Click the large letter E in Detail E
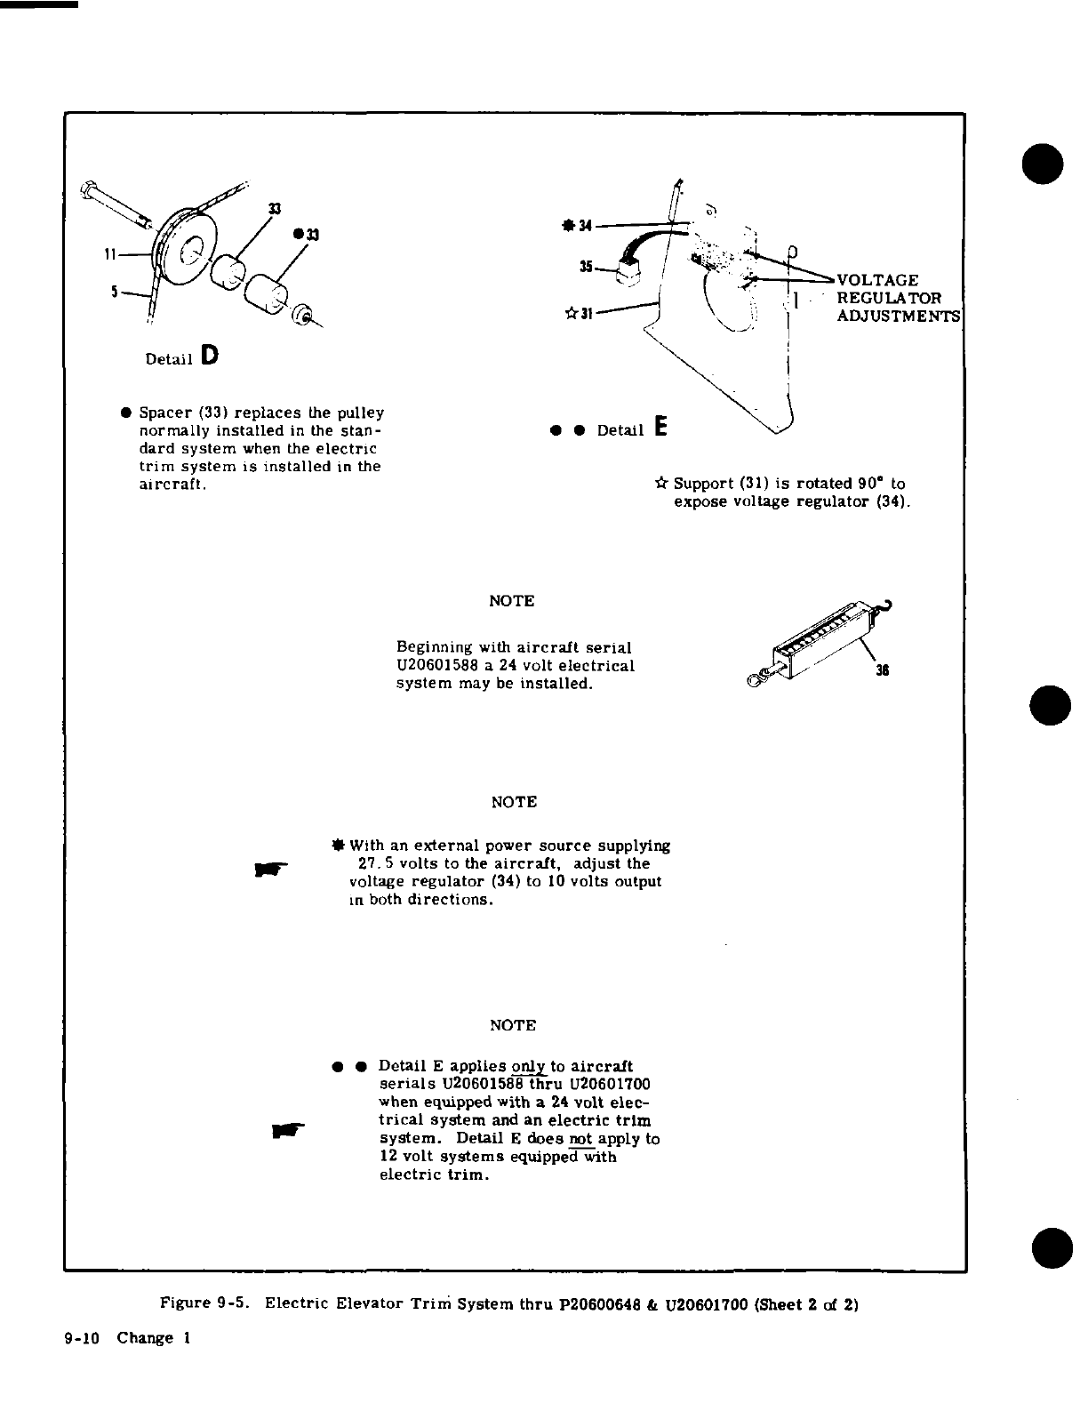pos(660,427)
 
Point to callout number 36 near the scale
pos(882,671)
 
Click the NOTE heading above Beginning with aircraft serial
pos(512,601)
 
